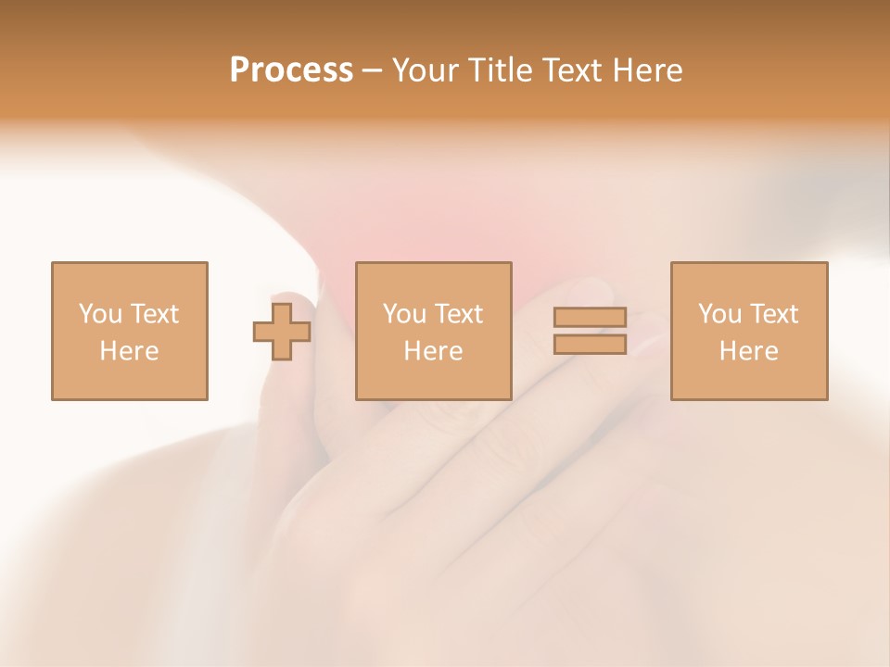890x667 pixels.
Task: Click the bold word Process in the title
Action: (x=291, y=70)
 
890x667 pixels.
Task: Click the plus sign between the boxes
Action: (x=282, y=331)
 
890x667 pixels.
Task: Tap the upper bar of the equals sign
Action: (x=590, y=318)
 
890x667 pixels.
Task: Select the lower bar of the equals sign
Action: (x=590, y=345)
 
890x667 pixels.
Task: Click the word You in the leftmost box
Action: (x=100, y=314)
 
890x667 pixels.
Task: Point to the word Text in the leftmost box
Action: (x=154, y=314)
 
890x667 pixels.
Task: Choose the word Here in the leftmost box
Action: (x=129, y=351)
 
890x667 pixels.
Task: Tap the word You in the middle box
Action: (x=404, y=314)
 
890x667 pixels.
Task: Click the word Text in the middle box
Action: (x=458, y=314)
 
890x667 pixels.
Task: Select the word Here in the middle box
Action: (x=433, y=351)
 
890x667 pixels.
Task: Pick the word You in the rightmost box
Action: (x=719, y=314)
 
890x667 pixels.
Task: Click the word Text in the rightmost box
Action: (x=773, y=314)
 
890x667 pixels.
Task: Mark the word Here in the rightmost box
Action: (x=748, y=351)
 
